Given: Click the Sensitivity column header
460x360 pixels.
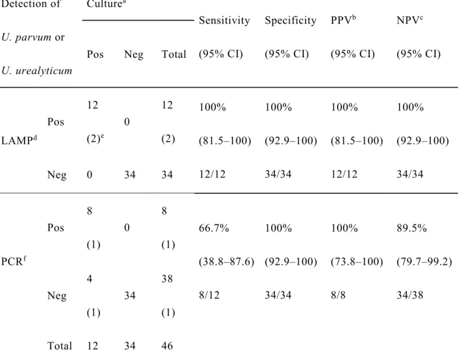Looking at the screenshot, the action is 224,21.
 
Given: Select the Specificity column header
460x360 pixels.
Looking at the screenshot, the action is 290,21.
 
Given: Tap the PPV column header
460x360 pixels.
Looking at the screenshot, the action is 343,20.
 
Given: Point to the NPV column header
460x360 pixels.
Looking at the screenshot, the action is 410,20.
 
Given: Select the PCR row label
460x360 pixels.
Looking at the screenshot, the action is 14,261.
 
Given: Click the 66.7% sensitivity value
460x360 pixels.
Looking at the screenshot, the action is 214,228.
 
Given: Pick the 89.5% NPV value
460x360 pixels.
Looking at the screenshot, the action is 412,228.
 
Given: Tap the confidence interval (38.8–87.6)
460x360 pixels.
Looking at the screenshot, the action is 226,261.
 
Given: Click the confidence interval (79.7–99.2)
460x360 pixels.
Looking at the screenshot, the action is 424,261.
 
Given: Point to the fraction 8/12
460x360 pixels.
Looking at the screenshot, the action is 209,295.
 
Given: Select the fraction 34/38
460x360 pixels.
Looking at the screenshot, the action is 410,295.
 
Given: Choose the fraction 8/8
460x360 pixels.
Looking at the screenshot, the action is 338,295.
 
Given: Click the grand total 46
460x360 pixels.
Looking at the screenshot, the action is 167,346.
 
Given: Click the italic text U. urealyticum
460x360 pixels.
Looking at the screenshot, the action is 37,71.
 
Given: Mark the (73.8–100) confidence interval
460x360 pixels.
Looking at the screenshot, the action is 357,261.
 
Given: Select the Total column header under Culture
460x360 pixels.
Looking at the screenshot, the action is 173,54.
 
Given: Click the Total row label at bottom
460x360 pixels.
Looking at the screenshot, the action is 60,346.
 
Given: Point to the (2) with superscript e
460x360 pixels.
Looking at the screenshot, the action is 95,139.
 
